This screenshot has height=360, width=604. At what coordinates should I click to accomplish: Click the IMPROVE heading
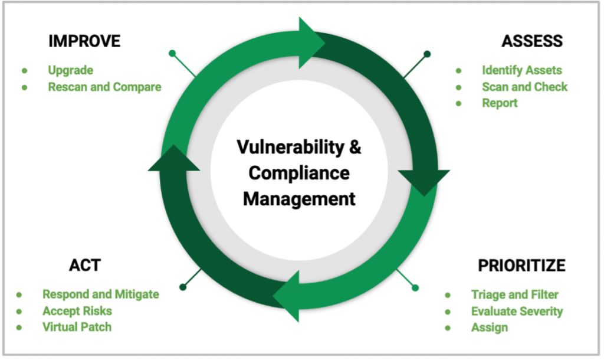click(x=84, y=41)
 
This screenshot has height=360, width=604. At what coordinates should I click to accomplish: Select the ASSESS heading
click(x=532, y=41)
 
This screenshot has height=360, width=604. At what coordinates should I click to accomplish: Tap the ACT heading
click(x=85, y=265)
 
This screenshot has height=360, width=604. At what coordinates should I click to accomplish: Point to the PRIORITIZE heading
click(x=521, y=265)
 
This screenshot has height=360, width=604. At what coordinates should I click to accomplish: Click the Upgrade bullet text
click(x=71, y=70)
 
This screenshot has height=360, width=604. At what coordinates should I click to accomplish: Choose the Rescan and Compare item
click(x=104, y=87)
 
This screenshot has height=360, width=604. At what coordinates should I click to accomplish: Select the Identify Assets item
click(x=522, y=70)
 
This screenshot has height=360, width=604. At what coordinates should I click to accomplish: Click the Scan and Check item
click(x=524, y=87)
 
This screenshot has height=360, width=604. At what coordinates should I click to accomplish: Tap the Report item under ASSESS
click(x=500, y=103)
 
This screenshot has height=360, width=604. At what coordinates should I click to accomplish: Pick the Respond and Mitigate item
click(x=100, y=294)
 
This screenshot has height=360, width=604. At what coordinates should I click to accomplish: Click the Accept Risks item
click(x=77, y=310)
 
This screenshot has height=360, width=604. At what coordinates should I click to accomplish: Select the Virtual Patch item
click(x=77, y=327)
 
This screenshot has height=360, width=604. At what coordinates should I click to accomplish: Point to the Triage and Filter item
click(x=514, y=294)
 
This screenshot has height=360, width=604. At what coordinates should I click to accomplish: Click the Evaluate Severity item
click(x=517, y=311)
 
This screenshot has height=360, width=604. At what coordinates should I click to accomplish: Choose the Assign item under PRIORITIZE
click(x=490, y=328)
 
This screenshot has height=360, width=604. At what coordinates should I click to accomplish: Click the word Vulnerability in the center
click(x=290, y=147)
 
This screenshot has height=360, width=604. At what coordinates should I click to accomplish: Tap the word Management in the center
click(x=299, y=199)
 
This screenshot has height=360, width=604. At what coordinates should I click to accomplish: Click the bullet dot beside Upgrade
click(x=25, y=71)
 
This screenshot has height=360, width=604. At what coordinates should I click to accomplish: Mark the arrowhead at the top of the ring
click(x=312, y=42)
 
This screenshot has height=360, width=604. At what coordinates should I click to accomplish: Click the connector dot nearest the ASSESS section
click(x=427, y=54)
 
